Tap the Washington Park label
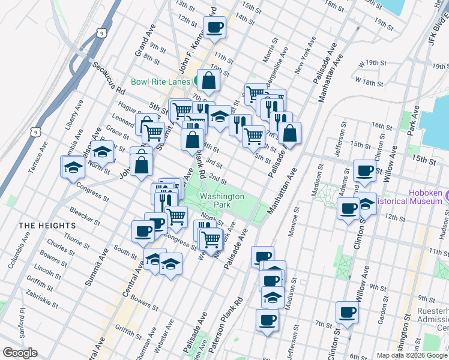click(x=222, y=200)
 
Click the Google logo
click(x=20, y=353)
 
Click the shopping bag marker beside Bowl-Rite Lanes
click(x=208, y=80)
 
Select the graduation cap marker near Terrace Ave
click(x=73, y=167)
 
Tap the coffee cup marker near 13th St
click(x=215, y=26)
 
